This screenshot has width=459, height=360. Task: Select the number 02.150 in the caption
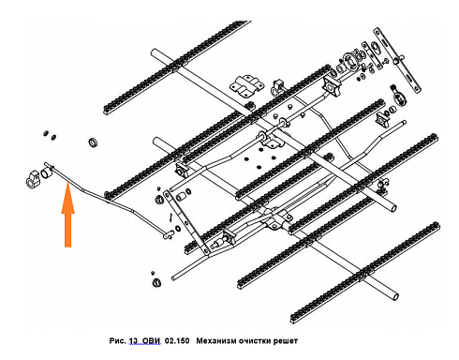pos(177,340)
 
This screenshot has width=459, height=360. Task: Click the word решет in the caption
pos(286,340)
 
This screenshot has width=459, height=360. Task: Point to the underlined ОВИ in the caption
pos(151,340)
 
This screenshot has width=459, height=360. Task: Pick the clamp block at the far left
pos(33,179)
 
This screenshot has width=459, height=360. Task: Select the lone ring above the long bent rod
pos(94,142)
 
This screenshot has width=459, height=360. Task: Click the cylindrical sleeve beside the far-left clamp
pos(46,172)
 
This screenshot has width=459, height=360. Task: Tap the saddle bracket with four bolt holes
pos(247,84)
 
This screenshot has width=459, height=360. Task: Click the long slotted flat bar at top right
pos(397,60)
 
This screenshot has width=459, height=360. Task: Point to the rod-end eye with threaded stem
pos(398,96)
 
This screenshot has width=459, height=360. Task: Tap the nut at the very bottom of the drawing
pos(156,283)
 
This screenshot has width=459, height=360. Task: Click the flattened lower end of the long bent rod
pos(168,234)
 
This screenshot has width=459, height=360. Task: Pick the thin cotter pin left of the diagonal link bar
pos(170,217)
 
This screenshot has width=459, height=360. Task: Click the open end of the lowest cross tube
pos(395,295)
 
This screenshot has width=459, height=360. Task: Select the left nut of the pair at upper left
pos(46,133)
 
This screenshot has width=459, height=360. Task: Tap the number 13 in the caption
pos(133,340)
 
